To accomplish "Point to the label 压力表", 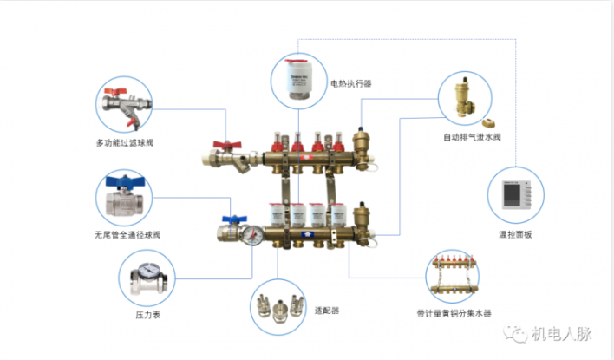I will coord(149,315).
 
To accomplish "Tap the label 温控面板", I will coord(514,234).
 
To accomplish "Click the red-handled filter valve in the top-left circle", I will coord(124,106).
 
